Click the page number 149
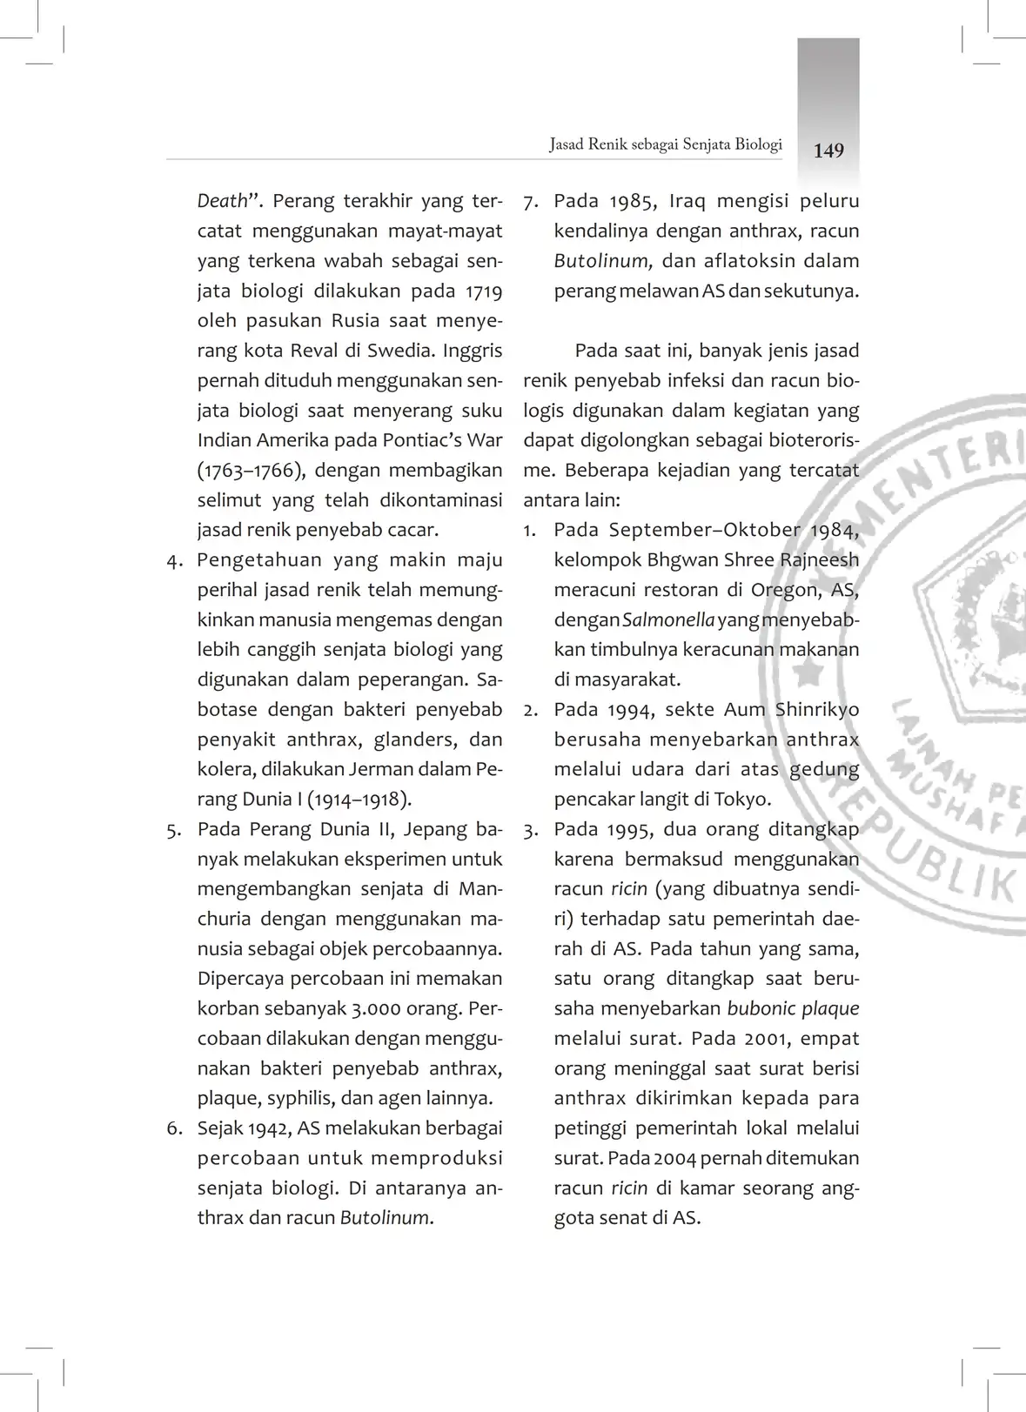pyautogui.click(x=828, y=151)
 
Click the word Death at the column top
pyautogui.click(x=223, y=201)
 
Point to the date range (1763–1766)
pyautogui.click(x=251, y=471)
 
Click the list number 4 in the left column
pyautogui.click(x=174, y=561)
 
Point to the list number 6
pyautogui.click(x=174, y=1129)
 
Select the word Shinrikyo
pyautogui.click(x=817, y=710)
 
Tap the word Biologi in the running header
pyautogui.click(x=758, y=144)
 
